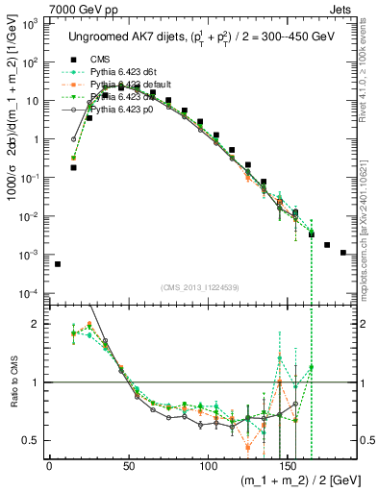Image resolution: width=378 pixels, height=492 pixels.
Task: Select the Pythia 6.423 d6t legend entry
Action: click(121, 72)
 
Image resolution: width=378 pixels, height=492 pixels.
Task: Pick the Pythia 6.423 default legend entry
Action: click(127, 86)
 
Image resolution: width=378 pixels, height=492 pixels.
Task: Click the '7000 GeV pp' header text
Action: click(82, 8)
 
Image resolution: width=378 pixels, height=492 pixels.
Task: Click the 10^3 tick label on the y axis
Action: click(31, 23)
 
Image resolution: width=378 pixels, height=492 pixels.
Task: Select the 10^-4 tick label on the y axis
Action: click(30, 293)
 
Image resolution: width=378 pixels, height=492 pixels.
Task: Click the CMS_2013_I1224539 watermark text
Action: click(200, 287)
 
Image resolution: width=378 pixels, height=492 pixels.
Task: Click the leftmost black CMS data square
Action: click(58, 263)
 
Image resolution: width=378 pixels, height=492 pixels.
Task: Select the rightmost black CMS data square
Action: click(343, 253)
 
